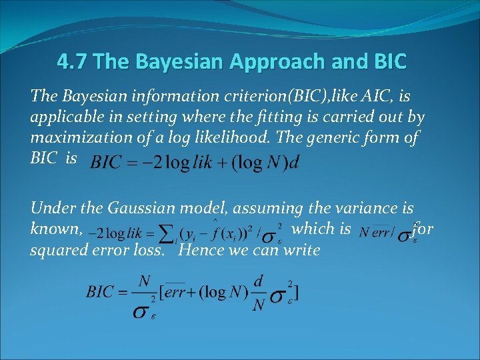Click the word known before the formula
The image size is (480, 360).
55,230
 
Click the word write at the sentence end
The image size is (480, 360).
297,251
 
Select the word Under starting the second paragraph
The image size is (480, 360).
50,209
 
